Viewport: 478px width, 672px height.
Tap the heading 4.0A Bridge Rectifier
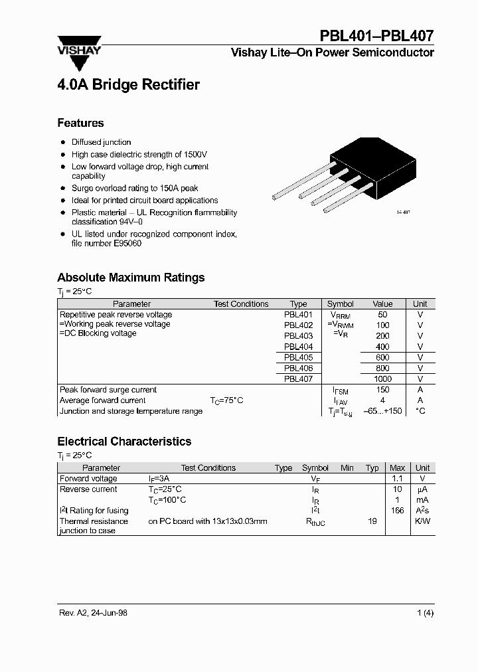click(x=128, y=85)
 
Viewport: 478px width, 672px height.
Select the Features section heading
click(x=80, y=123)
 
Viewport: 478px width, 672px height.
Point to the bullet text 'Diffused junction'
click(x=101, y=142)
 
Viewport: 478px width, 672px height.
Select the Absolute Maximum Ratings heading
click(x=131, y=278)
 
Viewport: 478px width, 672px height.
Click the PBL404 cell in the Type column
click(x=298, y=347)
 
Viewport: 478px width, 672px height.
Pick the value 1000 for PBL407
click(x=382, y=378)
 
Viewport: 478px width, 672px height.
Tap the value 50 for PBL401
click(x=382, y=315)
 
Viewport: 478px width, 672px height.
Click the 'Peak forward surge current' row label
click(x=108, y=390)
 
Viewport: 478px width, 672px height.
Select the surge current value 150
click(x=382, y=390)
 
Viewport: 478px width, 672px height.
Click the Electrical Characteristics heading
click(x=124, y=442)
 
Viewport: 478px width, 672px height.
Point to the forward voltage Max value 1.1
click(x=397, y=479)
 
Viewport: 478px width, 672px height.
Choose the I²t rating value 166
click(x=397, y=511)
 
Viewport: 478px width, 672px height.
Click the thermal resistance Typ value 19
click(x=372, y=521)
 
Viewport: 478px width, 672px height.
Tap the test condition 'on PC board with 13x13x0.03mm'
click(x=208, y=521)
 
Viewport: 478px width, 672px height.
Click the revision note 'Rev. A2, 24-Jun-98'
click(x=92, y=613)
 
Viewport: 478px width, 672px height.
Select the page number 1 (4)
click(x=425, y=613)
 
